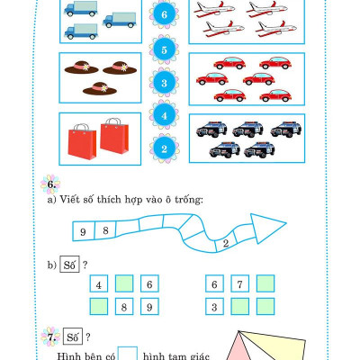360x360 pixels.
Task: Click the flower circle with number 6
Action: pyautogui.click(x=164, y=14)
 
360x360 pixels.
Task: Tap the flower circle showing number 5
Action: pyautogui.click(x=164, y=49)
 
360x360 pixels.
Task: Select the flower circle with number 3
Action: pyautogui.click(x=164, y=83)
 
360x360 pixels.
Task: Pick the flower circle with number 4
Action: pyautogui.click(x=164, y=115)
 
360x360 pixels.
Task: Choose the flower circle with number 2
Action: pyautogui.click(x=164, y=148)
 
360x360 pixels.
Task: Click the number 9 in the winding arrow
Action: pyautogui.click(x=83, y=232)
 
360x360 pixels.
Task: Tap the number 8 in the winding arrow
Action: pyautogui.click(x=105, y=230)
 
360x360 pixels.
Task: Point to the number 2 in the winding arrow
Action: pyautogui.click(x=226, y=243)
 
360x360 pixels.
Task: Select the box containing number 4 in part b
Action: pyautogui.click(x=99, y=283)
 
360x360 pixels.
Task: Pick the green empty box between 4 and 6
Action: pyautogui.click(x=124, y=283)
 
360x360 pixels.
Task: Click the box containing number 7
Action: pyautogui.click(x=239, y=283)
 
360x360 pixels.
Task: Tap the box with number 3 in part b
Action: pyautogui.click(x=214, y=306)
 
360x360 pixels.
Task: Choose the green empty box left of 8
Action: pyautogui.click(x=99, y=306)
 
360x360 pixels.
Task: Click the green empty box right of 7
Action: pyautogui.click(x=265, y=283)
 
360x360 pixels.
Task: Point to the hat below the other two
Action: pyautogui.click(x=100, y=88)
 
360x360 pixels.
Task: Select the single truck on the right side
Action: pyautogui.click(x=120, y=20)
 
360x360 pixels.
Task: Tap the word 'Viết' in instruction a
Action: pyautogui.click(x=69, y=199)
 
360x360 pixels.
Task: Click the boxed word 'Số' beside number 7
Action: pyautogui.click(x=72, y=337)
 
